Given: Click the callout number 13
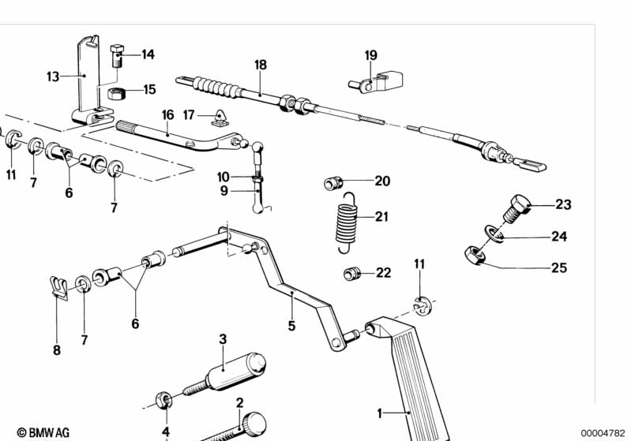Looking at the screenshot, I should tap(53, 77).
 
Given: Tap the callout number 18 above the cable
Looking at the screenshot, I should tap(261, 65).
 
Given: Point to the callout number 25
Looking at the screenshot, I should tap(558, 268).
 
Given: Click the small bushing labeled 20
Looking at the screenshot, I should tap(333, 184).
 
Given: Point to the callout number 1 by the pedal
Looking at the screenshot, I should tap(379, 412).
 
